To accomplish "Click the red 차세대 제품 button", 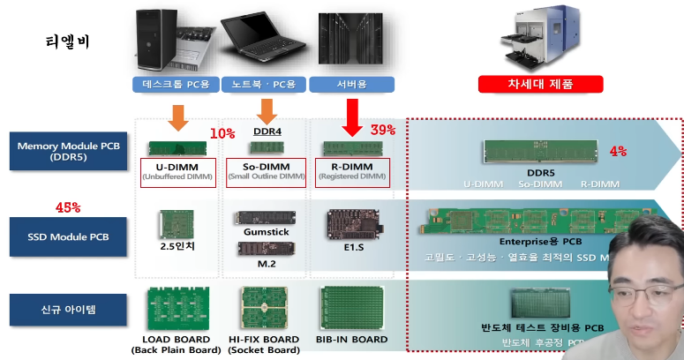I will point(541,84).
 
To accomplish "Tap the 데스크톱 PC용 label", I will point(177,85).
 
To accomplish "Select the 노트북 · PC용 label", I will point(263,85).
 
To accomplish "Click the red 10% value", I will point(222,133).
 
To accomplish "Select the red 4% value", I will point(618,151).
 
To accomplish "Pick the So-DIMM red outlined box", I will point(266,171).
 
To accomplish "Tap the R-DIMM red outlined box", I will point(352,171).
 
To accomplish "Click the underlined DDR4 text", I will point(266,131).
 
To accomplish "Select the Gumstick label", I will point(266,231).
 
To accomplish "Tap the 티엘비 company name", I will point(67,41).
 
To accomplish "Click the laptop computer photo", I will point(263,37).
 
